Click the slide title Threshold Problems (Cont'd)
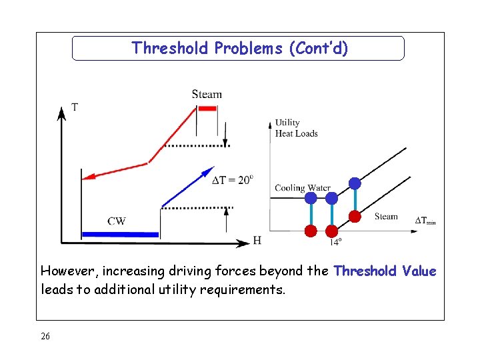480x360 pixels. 239,49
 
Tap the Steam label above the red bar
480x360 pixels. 207,94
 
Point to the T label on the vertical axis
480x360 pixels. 74,107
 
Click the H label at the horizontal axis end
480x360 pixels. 257,241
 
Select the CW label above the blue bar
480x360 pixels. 117,221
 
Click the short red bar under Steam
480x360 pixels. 207,109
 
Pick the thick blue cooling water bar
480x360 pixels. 120,234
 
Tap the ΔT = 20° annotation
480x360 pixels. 232,180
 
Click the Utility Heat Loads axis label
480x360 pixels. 296,128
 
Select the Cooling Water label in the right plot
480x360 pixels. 302,188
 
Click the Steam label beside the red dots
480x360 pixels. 386,216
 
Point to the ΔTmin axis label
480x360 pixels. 425,221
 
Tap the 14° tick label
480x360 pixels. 335,242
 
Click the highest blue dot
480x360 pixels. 355,183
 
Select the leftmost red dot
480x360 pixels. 310,231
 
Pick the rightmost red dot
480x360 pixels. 355,216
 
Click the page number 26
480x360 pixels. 45,336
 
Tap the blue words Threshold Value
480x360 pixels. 385,271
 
